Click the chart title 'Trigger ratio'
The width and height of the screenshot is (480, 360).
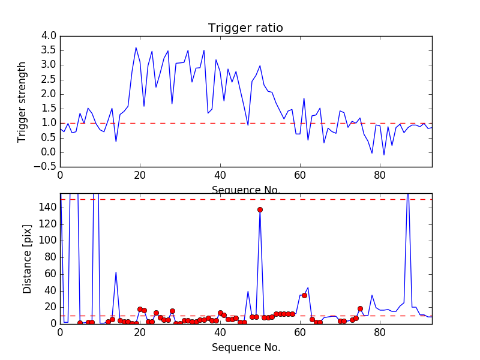245,28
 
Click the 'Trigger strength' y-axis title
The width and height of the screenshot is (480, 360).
22,101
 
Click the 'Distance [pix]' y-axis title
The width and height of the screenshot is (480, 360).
28,259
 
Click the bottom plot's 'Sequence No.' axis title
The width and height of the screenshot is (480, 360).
245,347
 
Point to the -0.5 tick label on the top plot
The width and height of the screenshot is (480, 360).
46,167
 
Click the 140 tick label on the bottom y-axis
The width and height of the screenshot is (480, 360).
48,208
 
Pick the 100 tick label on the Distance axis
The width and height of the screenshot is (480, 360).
48,241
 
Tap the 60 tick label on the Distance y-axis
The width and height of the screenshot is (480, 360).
50,274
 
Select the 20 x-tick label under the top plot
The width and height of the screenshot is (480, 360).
140,175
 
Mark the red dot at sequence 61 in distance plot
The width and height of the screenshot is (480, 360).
304,295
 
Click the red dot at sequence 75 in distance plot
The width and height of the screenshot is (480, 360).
360,308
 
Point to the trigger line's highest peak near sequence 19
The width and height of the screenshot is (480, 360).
136,47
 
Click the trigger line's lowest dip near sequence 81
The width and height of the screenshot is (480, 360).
384,155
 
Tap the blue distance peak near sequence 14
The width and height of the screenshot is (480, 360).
116,272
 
